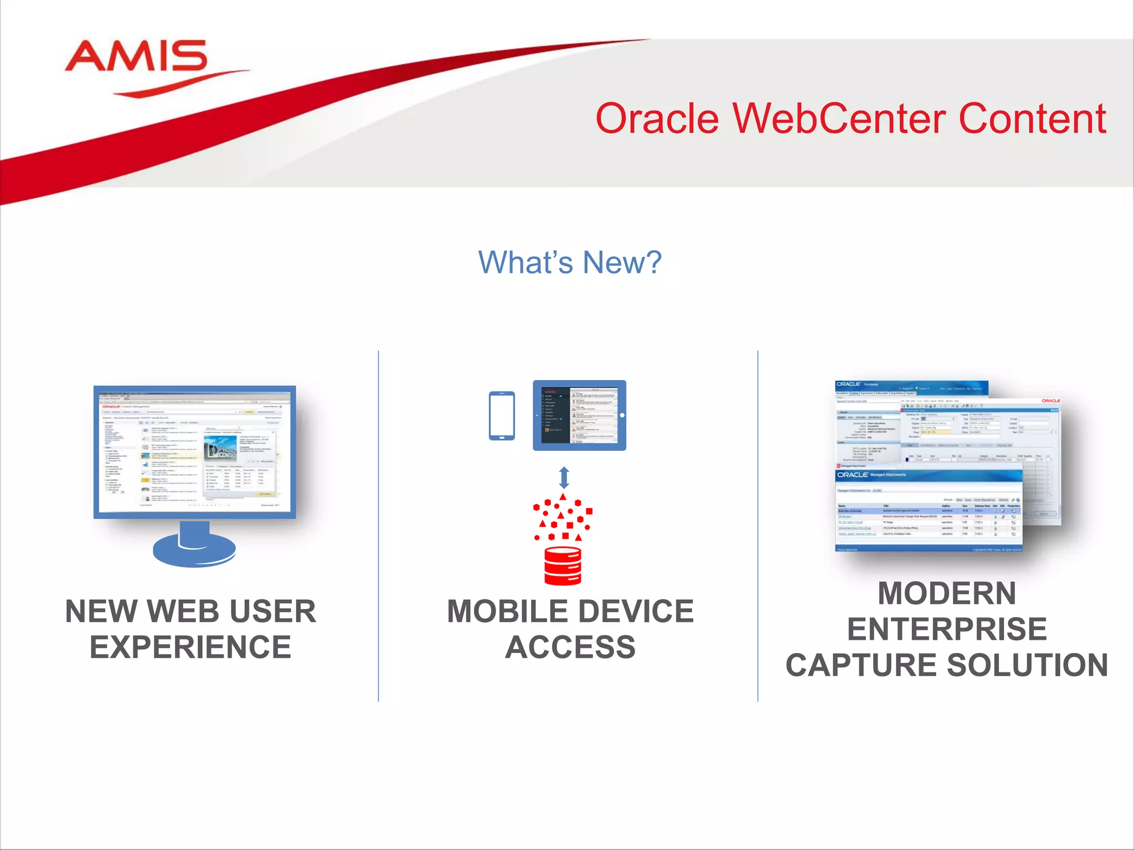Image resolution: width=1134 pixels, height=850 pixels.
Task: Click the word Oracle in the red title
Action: tap(657, 119)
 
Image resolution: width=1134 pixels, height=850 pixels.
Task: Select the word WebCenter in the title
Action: tap(839, 119)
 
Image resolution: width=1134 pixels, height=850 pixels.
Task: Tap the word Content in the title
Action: tap(1032, 119)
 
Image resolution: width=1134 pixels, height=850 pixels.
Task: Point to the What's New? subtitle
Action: tap(570, 262)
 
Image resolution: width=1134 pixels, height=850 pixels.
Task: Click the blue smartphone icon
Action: tap(502, 416)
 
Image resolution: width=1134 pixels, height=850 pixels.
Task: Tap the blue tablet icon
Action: tap(579, 415)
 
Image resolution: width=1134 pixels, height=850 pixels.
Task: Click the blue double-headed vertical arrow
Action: tap(564, 477)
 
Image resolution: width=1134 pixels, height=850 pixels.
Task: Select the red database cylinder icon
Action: tap(563, 566)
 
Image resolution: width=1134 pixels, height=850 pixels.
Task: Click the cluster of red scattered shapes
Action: tap(563, 519)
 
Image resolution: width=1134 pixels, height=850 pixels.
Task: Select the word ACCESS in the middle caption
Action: tap(570, 647)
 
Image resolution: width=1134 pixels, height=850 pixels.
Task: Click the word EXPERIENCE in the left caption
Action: tap(190, 647)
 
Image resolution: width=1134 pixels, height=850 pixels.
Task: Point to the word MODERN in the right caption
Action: tap(947, 593)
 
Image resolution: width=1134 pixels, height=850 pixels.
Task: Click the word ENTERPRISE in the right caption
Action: tap(947, 629)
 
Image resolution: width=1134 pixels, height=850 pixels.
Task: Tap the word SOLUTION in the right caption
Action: tap(1028, 665)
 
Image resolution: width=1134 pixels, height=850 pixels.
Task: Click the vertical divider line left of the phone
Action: tap(379, 526)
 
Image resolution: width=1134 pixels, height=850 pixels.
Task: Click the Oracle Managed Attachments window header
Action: tap(928, 475)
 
